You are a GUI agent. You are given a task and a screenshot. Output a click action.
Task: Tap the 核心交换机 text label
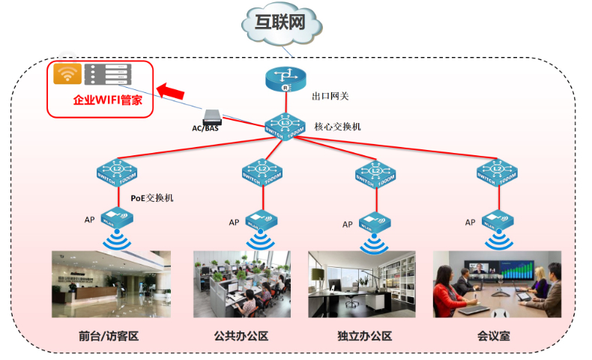(x=338, y=127)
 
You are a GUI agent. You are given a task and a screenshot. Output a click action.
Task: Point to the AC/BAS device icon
(x=211, y=116)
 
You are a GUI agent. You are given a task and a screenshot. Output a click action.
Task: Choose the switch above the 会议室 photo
(x=498, y=173)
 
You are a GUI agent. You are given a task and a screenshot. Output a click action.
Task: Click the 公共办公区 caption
(x=241, y=336)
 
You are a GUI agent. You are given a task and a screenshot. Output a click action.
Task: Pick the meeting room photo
(x=497, y=283)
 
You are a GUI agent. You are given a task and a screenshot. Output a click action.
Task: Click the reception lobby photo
(x=111, y=283)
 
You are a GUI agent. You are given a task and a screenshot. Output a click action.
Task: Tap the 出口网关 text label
(x=330, y=96)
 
